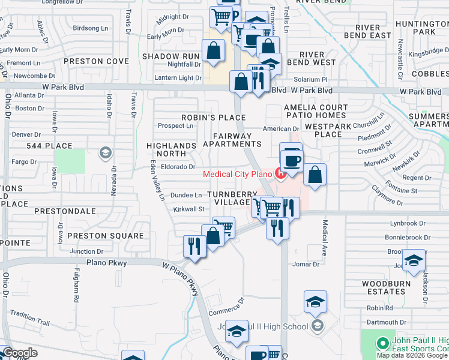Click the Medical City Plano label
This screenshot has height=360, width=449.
tap(238, 175)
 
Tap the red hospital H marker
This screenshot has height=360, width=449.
tap(280, 173)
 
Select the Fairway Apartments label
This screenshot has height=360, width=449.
tap(232, 140)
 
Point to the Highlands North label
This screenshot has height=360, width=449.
tap(171, 149)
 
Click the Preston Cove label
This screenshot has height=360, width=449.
tap(97, 61)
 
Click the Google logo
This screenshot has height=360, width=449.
tap(19, 353)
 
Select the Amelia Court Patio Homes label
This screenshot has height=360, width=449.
tap(316, 112)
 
